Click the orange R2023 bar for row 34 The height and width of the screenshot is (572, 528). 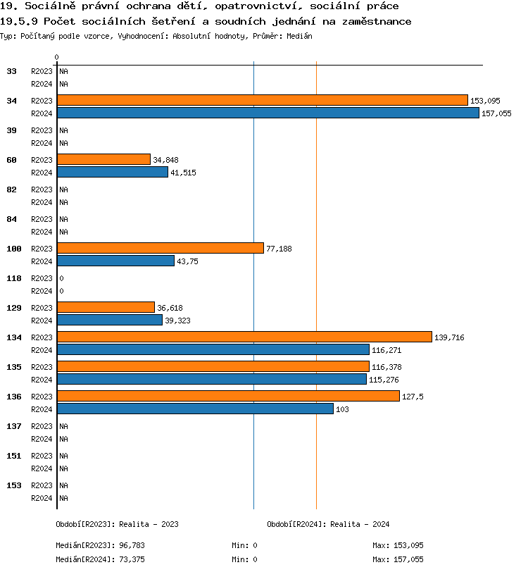262,100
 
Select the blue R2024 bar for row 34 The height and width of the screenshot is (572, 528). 268,113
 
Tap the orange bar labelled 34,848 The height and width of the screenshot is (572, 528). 103,159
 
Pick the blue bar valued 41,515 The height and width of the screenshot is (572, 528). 112,172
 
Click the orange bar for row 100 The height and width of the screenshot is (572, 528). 160,248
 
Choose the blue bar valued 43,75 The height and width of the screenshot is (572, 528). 115,261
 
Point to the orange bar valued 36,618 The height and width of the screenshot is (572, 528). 106,307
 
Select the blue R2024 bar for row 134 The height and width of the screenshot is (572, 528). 213,349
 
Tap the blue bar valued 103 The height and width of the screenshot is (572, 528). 195,409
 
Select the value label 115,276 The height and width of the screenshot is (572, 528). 384,380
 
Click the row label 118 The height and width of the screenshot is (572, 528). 13,278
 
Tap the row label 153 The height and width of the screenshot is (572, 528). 13,485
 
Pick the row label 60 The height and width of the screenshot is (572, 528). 11,160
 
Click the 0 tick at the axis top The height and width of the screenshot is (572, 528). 57,57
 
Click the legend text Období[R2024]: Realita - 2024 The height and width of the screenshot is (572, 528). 328,524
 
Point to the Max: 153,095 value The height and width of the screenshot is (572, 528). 398,545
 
